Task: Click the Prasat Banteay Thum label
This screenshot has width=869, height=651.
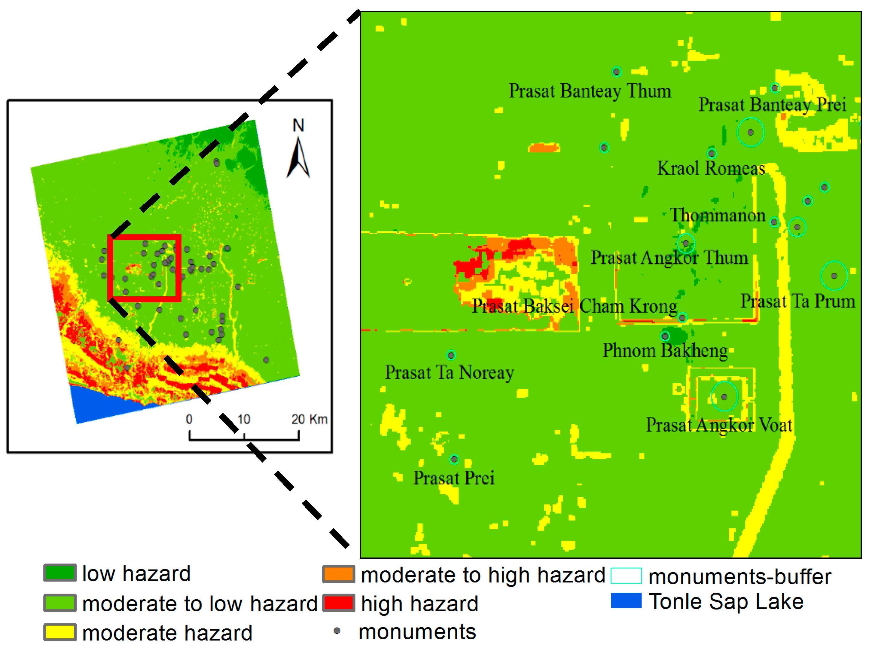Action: coord(590,91)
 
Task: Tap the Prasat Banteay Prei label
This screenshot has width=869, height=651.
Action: coord(772,105)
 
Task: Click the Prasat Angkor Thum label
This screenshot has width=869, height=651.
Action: coord(669,258)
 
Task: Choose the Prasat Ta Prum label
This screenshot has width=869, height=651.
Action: coord(797,302)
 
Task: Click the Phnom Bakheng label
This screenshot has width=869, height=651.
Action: coord(665,350)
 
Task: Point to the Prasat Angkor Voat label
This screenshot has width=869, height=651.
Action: coord(719,425)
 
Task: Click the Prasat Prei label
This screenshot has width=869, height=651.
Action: coord(454,478)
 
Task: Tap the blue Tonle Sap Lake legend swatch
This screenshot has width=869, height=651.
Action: coord(626,601)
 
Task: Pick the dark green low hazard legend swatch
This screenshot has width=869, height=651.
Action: coord(60,573)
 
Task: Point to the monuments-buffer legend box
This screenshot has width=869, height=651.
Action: coord(626,576)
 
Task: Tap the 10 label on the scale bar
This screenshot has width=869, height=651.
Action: coord(244,420)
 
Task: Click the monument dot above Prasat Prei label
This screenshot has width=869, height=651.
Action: coord(454,459)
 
